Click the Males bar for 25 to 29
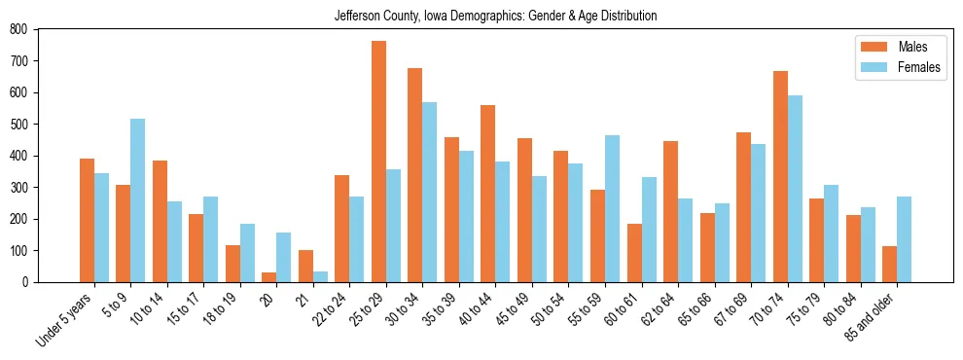[x=378, y=162]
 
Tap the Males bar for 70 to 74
[x=780, y=176]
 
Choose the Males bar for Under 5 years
[x=87, y=220]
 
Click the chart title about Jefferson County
[x=495, y=16]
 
